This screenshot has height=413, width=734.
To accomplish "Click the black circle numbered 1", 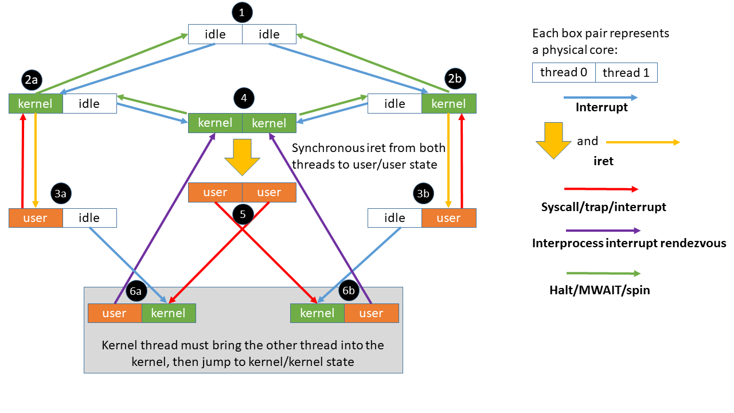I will (243, 13).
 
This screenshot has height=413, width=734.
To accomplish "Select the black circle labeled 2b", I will (454, 79).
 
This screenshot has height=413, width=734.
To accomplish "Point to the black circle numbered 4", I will (244, 98).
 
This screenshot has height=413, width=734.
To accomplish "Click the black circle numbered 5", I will (243, 214).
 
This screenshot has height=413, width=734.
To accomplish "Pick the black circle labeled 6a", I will (135, 291).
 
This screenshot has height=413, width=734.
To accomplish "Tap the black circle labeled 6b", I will (349, 291).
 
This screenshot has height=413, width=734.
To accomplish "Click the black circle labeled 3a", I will (60, 194).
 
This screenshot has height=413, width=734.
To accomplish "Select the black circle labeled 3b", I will (423, 194).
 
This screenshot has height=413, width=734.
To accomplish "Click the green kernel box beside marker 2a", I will (36, 104).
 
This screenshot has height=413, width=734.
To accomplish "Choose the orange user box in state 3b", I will (448, 218).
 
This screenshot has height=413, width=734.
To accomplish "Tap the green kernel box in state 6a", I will (169, 313).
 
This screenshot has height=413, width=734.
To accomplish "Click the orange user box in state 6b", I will (371, 313).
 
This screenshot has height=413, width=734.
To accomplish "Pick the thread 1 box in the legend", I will (626, 72).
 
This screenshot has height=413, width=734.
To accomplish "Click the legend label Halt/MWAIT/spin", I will (599, 290).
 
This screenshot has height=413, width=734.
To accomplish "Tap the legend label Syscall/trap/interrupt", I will (603, 206).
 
